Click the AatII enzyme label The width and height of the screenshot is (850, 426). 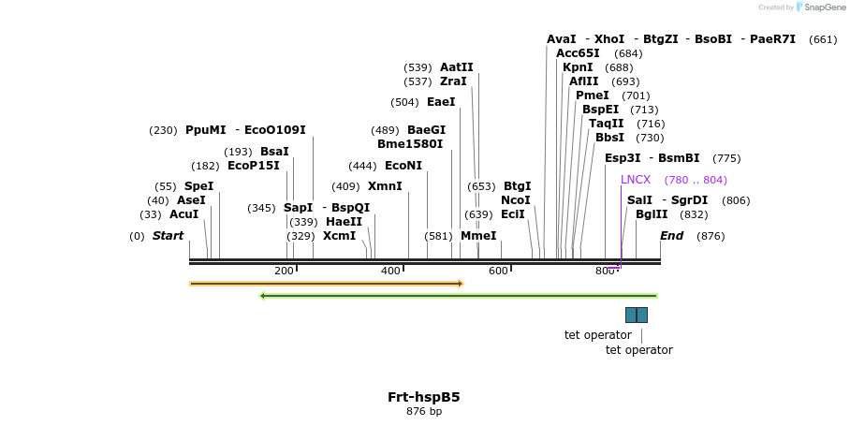457,67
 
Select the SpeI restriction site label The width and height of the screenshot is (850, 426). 198,186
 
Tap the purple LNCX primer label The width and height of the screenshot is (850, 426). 636,180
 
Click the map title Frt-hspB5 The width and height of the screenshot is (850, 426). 424,397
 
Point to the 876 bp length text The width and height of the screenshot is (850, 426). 424,412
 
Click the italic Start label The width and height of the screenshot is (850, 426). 168,236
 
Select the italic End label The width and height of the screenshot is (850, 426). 672,236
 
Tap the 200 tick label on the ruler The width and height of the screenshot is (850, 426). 284,272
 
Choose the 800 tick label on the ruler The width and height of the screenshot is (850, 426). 605,272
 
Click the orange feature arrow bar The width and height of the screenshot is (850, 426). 327,283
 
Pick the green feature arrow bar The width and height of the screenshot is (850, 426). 459,296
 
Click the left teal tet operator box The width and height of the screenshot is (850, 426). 631,315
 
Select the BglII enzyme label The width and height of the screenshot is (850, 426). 652,214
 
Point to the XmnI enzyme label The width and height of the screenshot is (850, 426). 385,186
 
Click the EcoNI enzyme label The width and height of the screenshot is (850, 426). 403,166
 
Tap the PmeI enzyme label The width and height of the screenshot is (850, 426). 593,95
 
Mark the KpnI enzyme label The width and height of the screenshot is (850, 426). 578,67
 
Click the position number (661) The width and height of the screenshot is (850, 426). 823,39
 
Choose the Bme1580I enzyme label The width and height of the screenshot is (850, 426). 410,144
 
